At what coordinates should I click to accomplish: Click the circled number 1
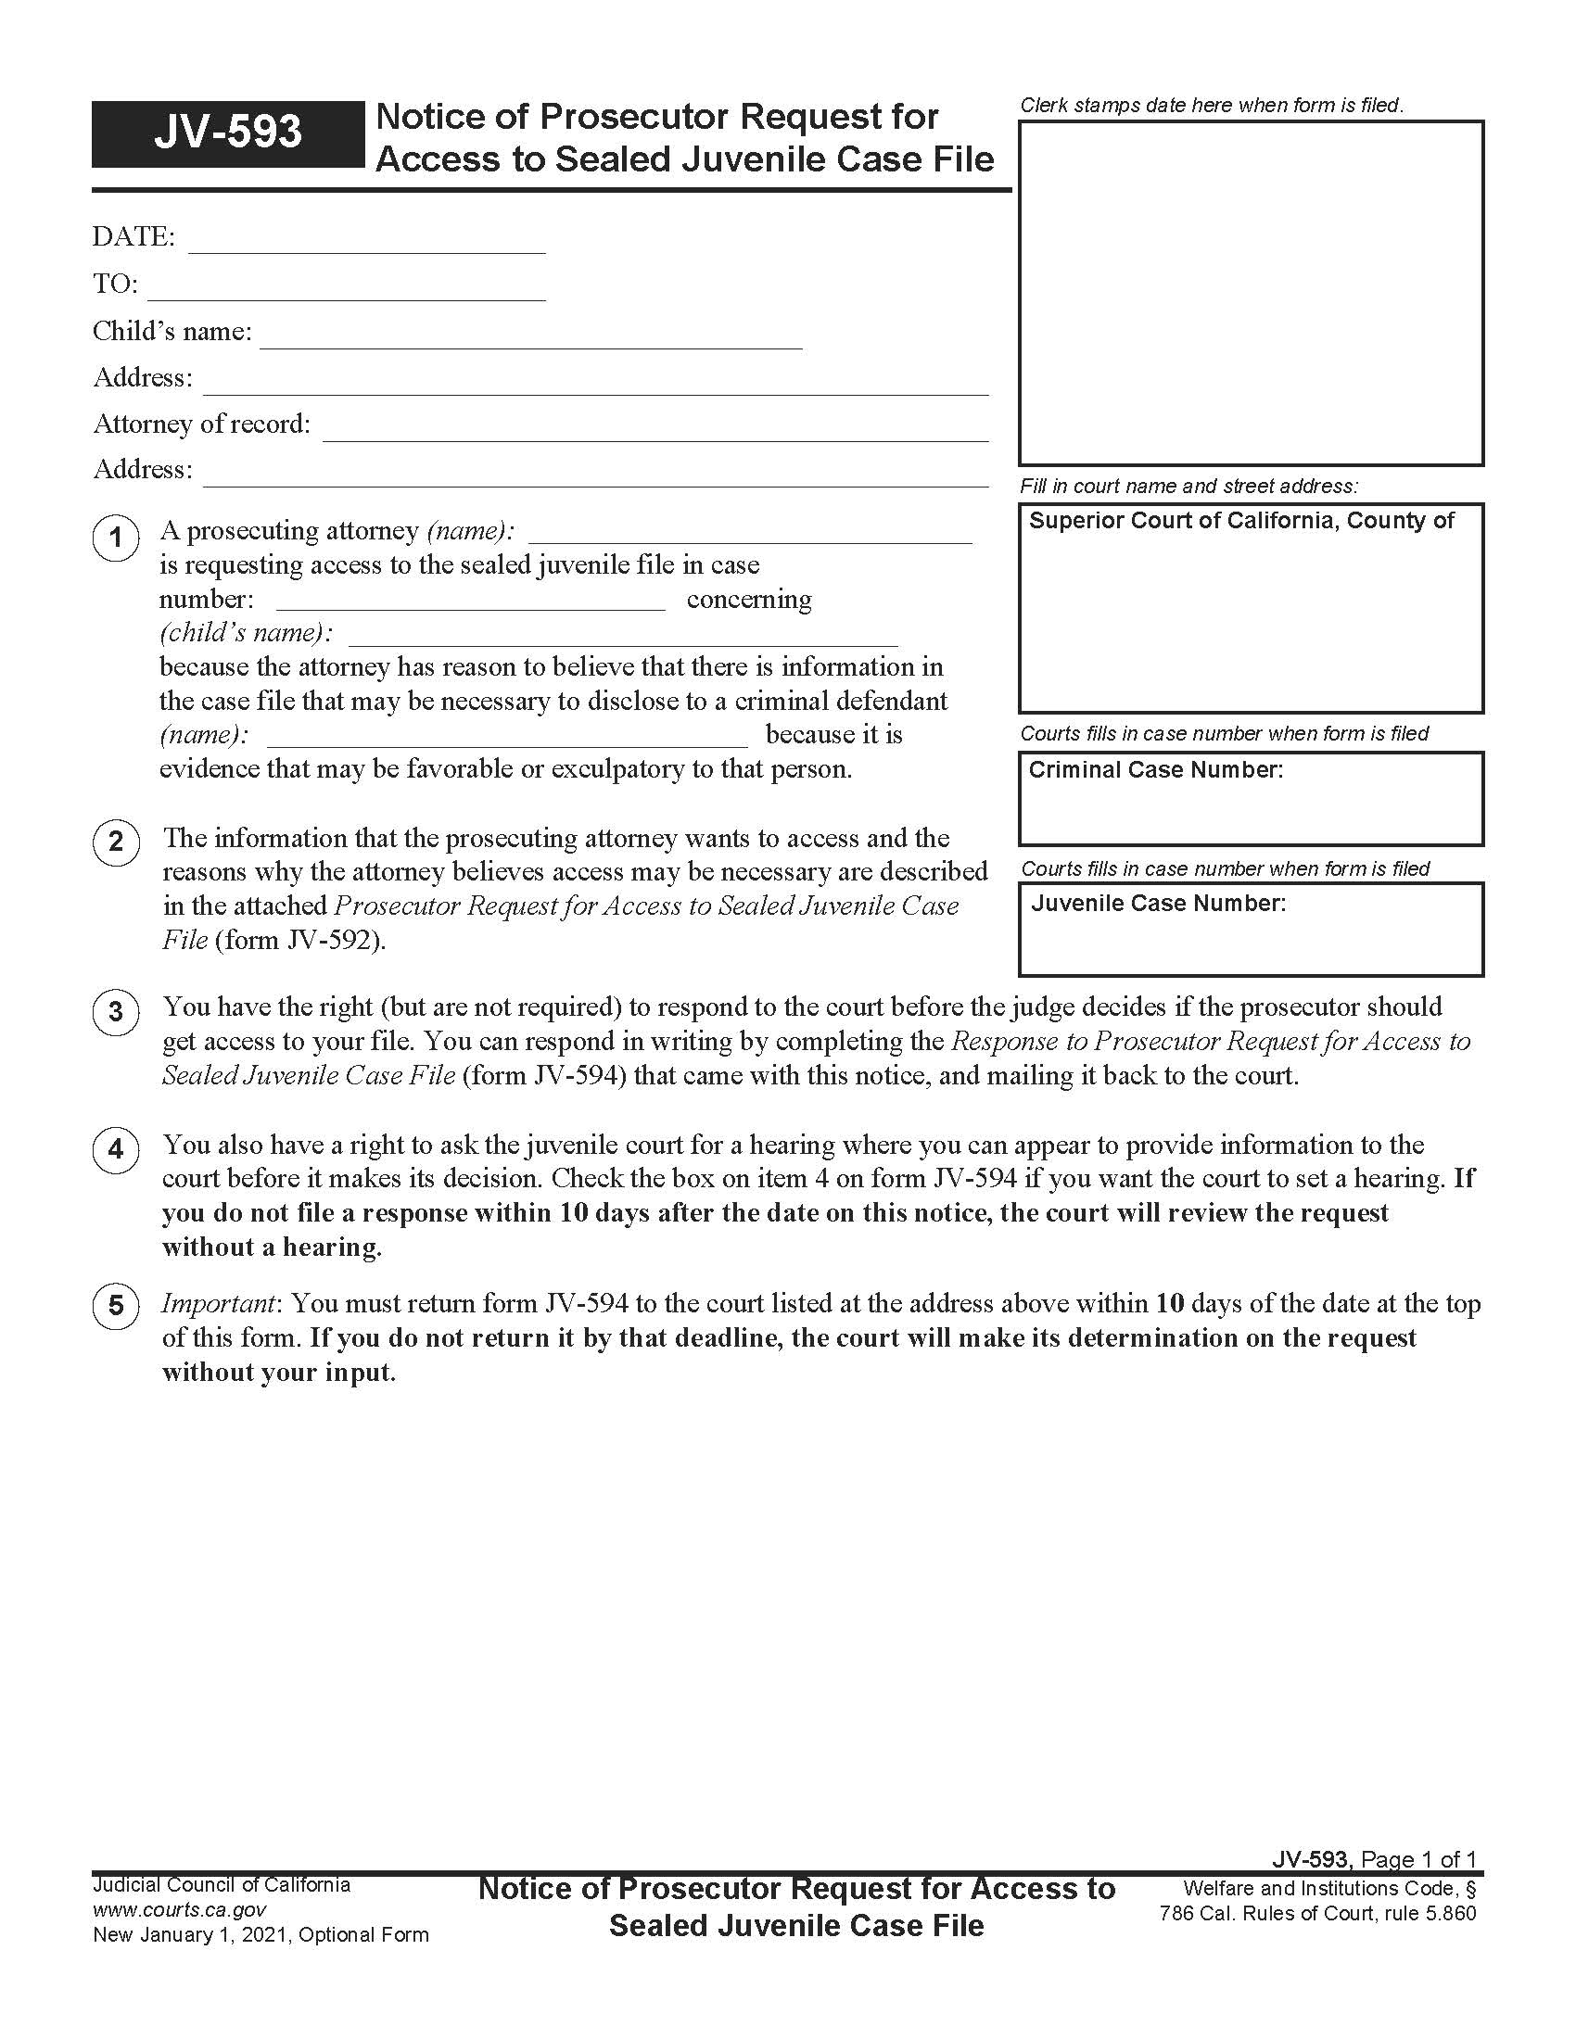[x=116, y=538]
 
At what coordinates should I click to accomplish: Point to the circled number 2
[x=116, y=842]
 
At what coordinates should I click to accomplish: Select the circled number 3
[x=116, y=1012]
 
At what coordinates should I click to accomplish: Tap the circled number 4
[x=116, y=1149]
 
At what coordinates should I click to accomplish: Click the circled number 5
[x=116, y=1305]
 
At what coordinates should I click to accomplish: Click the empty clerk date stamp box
[x=1251, y=292]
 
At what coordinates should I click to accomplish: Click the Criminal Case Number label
[x=1155, y=770]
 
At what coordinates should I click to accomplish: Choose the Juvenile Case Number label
[x=1158, y=904]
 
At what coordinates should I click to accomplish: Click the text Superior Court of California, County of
[x=1240, y=521]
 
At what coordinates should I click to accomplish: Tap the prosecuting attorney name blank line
[x=750, y=534]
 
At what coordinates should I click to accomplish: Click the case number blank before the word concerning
[x=471, y=602]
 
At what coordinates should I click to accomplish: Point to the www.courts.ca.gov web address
[x=179, y=1910]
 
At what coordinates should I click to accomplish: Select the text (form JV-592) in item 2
[x=300, y=940]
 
